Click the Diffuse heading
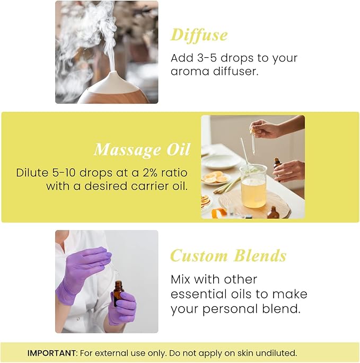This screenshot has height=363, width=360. coord(199,35)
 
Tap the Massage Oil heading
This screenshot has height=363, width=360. coord(142,149)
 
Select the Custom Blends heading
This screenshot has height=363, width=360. coord(228,256)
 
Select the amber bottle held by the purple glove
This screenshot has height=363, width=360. coord(118,293)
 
